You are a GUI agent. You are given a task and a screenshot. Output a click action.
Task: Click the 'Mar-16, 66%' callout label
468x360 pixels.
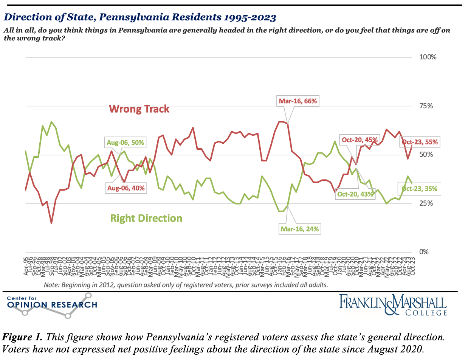coord(297,101)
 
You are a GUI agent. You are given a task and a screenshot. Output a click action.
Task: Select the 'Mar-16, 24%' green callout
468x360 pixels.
coord(300,229)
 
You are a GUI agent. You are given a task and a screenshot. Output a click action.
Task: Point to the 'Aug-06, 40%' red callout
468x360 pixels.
coord(127,188)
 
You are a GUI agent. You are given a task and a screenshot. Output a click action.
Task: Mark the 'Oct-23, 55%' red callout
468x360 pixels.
coord(420,142)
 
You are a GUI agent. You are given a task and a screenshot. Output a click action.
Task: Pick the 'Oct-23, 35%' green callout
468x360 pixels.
coord(419,189)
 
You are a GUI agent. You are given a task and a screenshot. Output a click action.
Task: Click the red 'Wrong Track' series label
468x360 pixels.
coord(139,109)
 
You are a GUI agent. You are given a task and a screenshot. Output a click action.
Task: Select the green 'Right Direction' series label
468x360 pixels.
coord(146,218)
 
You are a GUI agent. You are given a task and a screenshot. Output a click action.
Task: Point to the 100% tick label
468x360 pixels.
coord(428,57)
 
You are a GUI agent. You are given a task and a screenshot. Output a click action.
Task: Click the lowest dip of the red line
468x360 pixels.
coord(51,223)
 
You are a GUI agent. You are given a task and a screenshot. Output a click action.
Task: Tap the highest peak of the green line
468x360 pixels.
coord(51,122)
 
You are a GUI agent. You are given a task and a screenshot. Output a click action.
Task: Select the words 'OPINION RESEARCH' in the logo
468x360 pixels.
coord(52,305)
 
